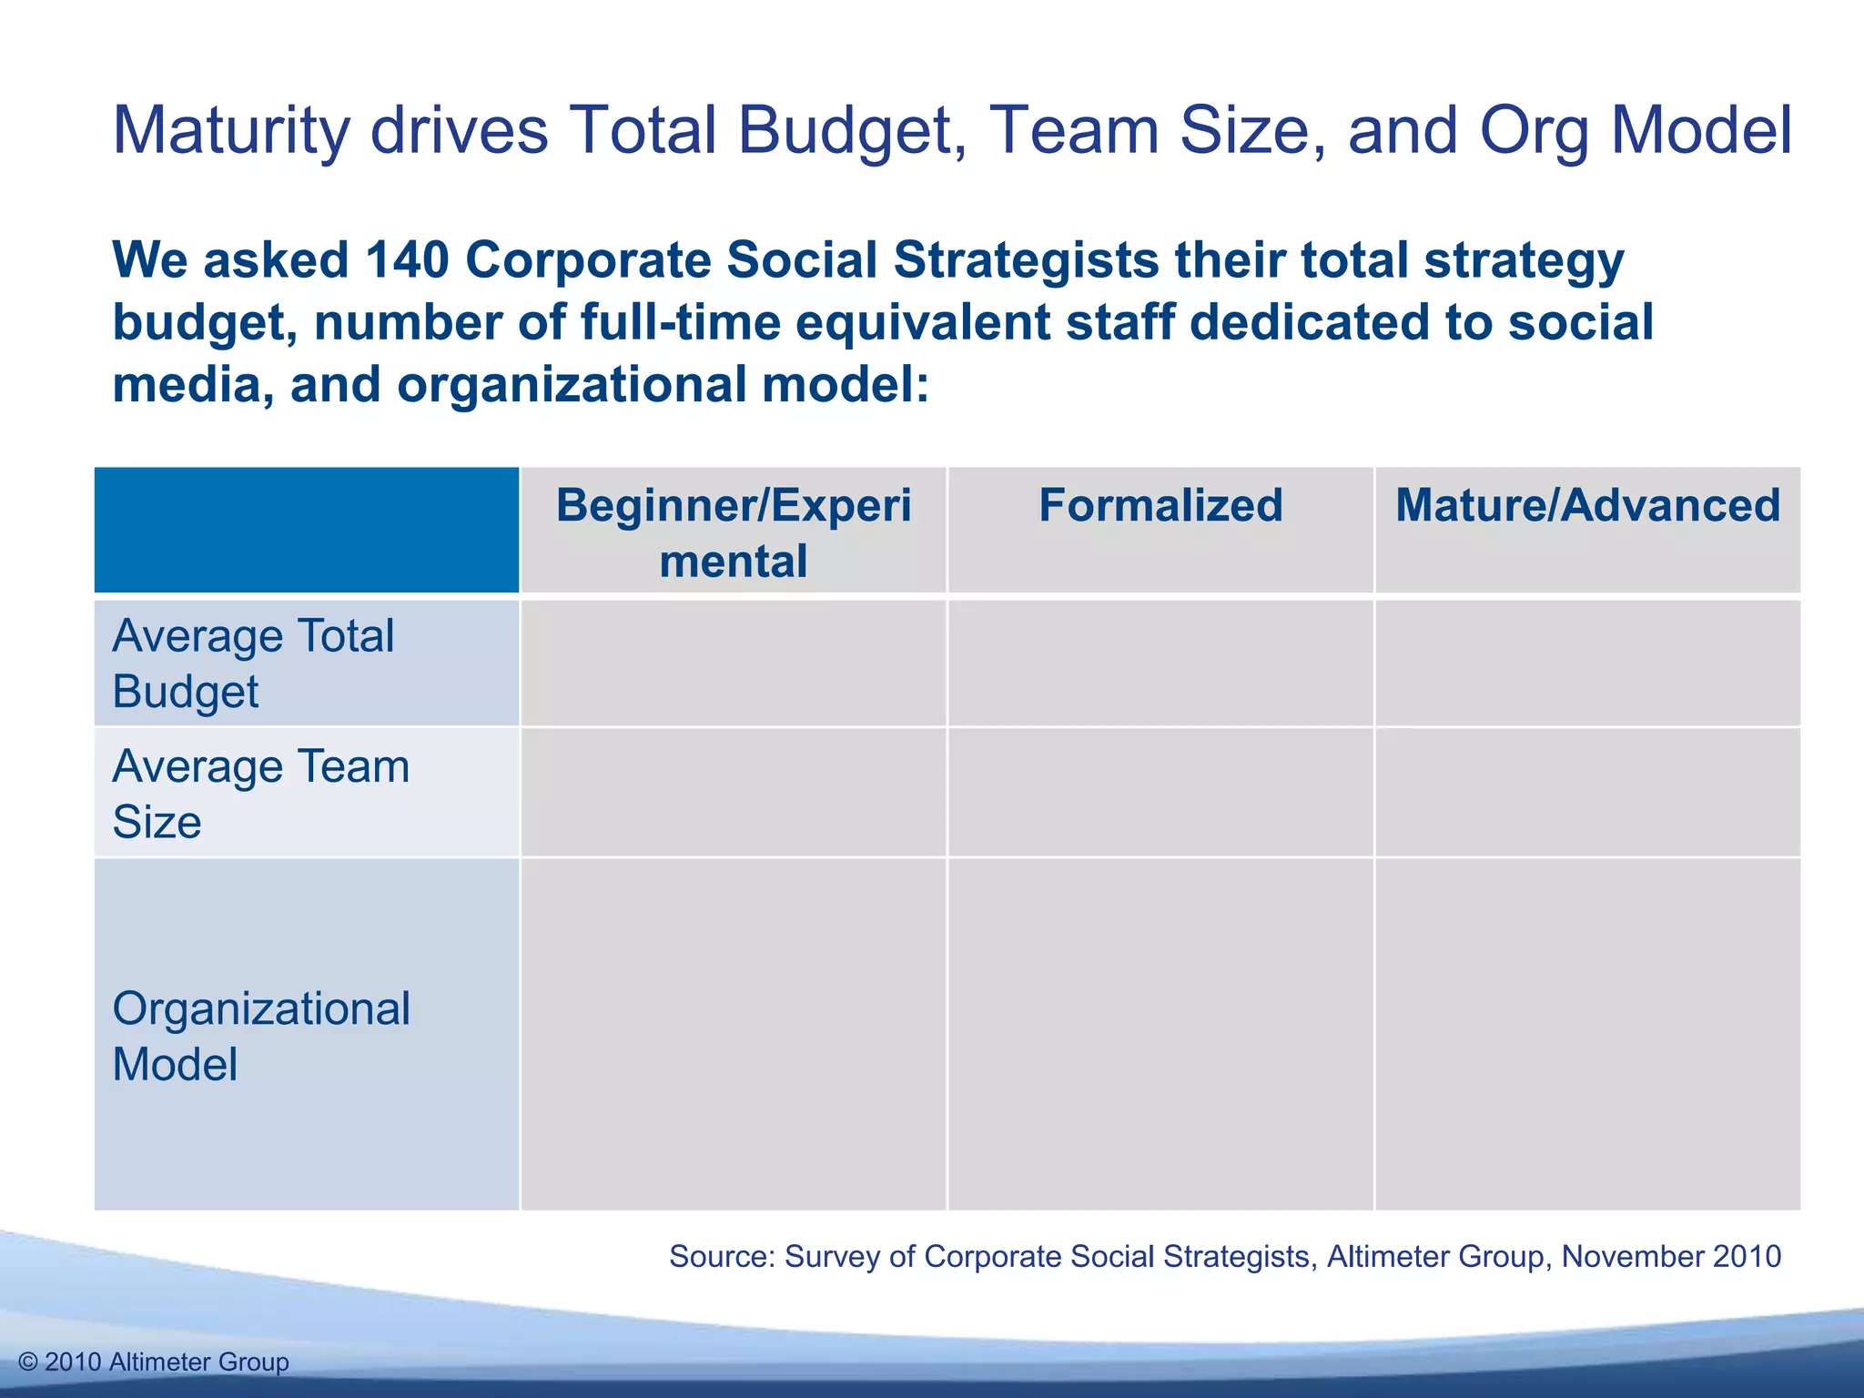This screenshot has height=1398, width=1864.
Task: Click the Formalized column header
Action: point(1160,506)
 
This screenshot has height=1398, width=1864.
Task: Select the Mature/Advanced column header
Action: point(1587,506)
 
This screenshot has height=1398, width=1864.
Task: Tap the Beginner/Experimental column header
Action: point(734,532)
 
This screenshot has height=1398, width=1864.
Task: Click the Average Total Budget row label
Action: point(253,663)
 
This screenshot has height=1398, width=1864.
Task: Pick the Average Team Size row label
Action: point(260,793)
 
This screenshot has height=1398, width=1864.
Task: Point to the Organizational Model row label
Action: point(260,1036)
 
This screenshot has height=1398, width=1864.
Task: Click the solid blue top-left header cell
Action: point(307,530)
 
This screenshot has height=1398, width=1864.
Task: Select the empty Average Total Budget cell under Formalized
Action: point(1160,663)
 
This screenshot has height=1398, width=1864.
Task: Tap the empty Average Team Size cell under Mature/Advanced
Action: point(1587,793)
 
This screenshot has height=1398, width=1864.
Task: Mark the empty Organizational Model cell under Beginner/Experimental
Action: point(734,1034)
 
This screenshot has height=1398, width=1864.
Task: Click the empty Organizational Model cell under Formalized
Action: point(1160,1034)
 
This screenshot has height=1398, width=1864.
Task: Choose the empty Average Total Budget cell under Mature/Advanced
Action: point(1587,663)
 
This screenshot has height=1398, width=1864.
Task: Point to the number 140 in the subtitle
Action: point(407,260)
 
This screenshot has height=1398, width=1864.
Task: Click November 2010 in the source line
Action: point(1671,1256)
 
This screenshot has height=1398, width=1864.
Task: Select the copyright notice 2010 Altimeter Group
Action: point(154,1362)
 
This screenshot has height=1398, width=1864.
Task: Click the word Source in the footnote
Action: point(721,1256)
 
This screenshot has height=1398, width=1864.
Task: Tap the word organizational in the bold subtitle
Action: point(571,384)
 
